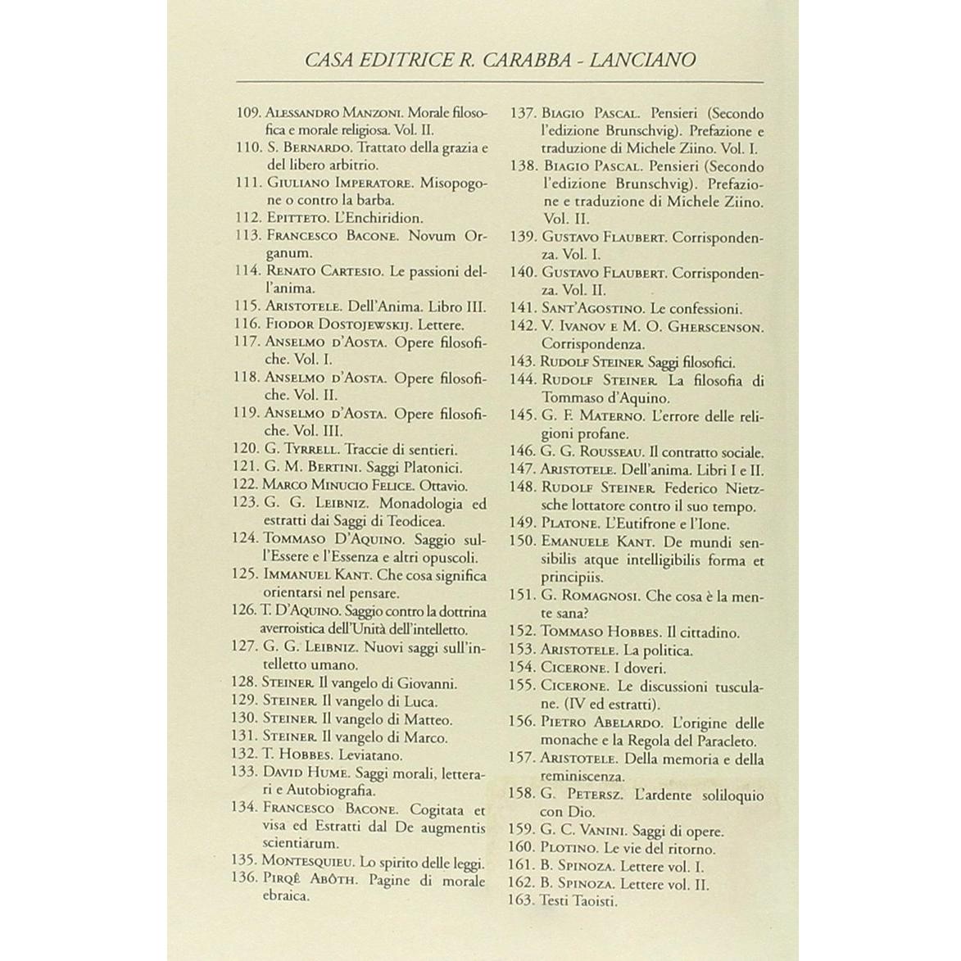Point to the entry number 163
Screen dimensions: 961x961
[x=521, y=902]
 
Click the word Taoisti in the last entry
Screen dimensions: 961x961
[x=593, y=902]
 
